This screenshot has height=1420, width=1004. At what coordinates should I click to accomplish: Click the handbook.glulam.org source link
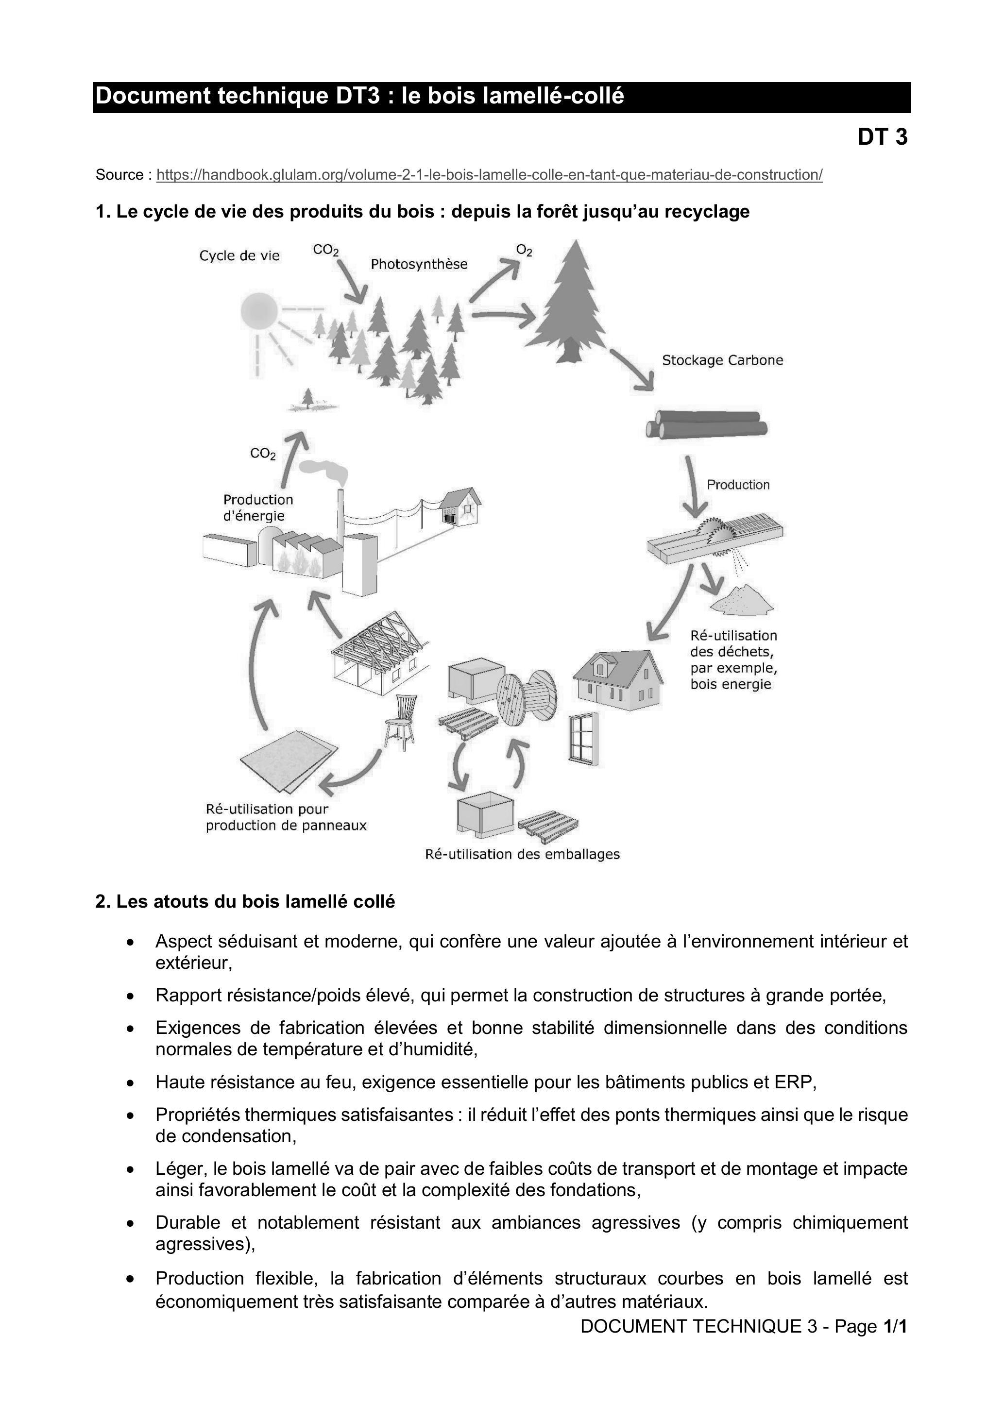click(x=489, y=175)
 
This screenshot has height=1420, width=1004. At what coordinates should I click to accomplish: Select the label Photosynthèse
click(x=419, y=264)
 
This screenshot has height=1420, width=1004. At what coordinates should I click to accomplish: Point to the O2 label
click(x=524, y=251)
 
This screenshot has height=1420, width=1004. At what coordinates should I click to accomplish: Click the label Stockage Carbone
click(x=723, y=360)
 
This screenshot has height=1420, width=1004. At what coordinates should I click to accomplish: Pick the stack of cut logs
click(x=706, y=425)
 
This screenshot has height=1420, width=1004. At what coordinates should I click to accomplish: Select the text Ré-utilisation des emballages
click(x=522, y=854)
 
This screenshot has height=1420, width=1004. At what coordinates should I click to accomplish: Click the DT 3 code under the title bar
click(x=882, y=136)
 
